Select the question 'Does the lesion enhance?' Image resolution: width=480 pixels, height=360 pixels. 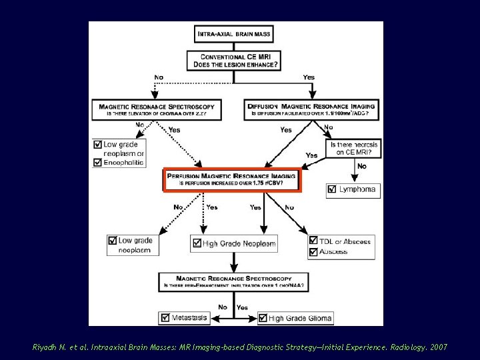236,65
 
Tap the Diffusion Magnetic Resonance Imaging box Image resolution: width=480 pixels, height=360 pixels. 311,109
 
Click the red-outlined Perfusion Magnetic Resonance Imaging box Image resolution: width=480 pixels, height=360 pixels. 233,179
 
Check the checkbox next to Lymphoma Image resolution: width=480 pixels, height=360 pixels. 332,190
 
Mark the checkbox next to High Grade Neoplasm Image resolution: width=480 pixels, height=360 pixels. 196,244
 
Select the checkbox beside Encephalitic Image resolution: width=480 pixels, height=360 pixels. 98,162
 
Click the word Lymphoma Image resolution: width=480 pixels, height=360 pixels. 357,190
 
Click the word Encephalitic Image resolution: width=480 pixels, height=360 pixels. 123,163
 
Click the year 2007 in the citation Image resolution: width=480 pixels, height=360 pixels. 439,347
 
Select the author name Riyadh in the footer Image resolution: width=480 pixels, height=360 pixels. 45,347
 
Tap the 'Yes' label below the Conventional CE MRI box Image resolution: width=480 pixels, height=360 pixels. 309,77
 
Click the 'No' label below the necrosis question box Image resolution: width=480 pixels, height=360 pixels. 362,166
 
